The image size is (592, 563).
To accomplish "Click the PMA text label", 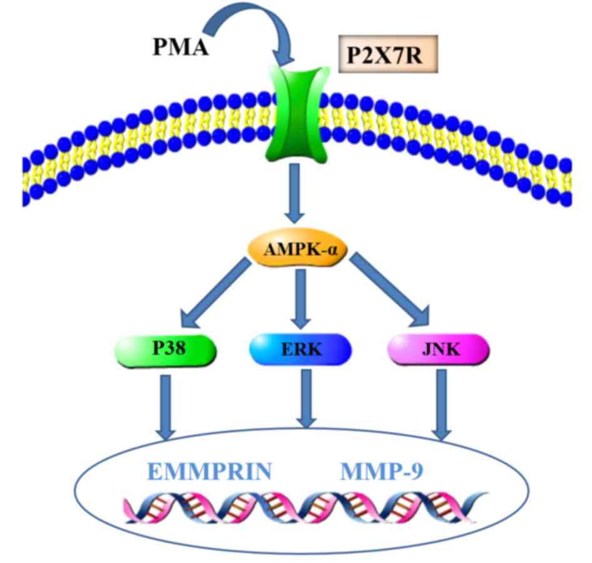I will click(181, 48).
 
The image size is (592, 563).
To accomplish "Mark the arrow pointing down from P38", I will click(166, 403).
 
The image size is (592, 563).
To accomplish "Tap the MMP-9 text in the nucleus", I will click(383, 470).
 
